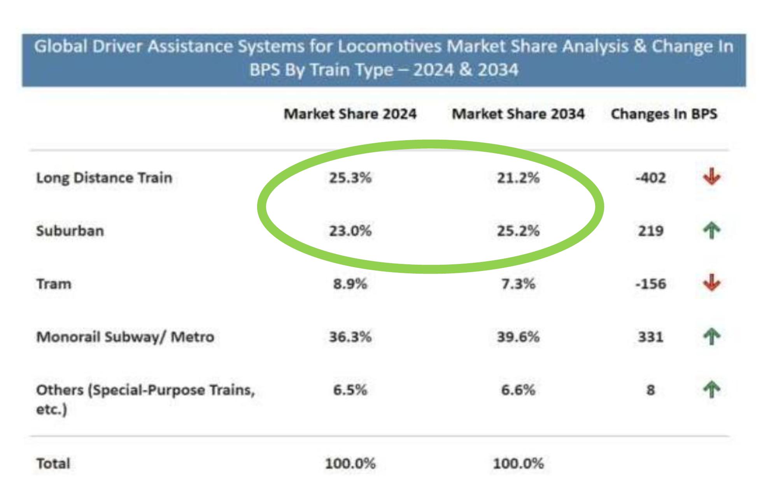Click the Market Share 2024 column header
pyautogui.click(x=350, y=114)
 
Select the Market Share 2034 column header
pyautogui.click(x=518, y=114)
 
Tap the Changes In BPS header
pyautogui.click(x=664, y=114)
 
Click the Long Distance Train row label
pyautogui.click(x=104, y=178)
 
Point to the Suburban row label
pyautogui.click(x=70, y=231)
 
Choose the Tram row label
pyautogui.click(x=54, y=284)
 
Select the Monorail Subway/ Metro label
pyautogui.click(x=125, y=337)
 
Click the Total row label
pyautogui.click(x=53, y=464)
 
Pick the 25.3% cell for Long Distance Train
pyautogui.click(x=350, y=178)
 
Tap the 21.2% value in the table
pyautogui.click(x=518, y=178)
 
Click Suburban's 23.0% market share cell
pyautogui.click(x=350, y=231)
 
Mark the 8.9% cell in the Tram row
pyautogui.click(x=350, y=284)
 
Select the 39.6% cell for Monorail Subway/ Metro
pyautogui.click(x=518, y=337)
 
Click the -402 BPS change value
pyautogui.click(x=650, y=178)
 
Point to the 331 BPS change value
pyautogui.click(x=650, y=337)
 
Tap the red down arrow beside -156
pyautogui.click(x=711, y=283)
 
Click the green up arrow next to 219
pyautogui.click(x=711, y=231)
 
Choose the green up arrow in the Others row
pyautogui.click(x=711, y=390)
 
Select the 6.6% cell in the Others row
pyautogui.click(x=518, y=390)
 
